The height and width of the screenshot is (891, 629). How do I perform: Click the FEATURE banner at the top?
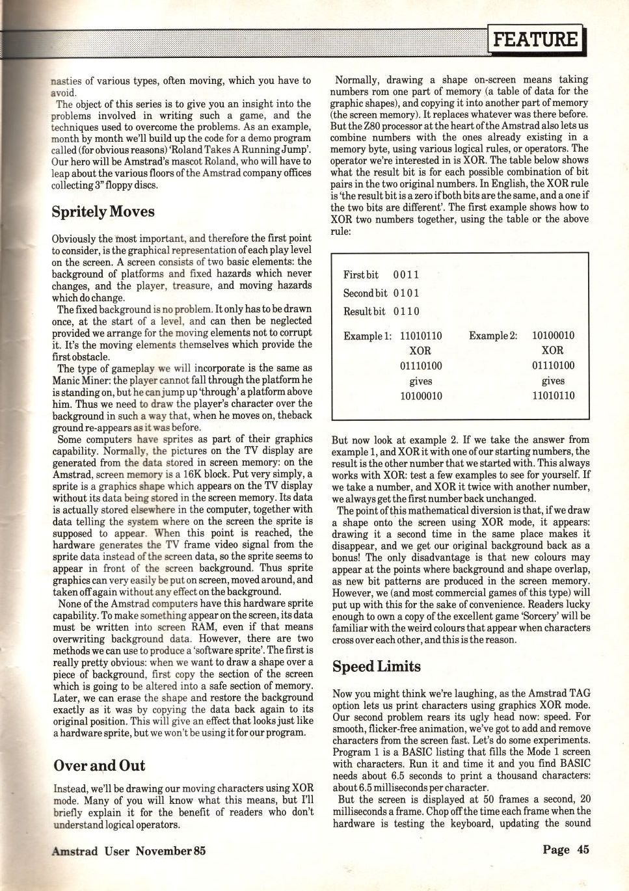535,40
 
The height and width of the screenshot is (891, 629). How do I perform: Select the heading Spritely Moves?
103,211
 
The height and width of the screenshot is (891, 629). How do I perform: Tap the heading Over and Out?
99,765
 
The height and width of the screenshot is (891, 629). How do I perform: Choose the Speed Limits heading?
376,666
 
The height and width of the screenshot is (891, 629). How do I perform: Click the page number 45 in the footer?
565,849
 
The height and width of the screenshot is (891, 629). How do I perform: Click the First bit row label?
360,275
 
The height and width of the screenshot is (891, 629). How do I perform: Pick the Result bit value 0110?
406,312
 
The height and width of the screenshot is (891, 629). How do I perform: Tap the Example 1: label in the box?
368,336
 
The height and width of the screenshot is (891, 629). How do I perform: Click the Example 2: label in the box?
493,336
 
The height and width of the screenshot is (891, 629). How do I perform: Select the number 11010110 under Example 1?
420,336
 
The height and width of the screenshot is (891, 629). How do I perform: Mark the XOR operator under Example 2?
552,351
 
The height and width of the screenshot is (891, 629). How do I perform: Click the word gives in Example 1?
420,381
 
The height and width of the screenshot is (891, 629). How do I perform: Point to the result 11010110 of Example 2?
553,395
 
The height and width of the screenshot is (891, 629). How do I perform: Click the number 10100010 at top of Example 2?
553,336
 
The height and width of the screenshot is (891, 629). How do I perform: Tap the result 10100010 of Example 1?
420,395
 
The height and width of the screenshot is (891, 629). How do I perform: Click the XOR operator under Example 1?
420,351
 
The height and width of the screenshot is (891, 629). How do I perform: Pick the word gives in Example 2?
553,381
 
